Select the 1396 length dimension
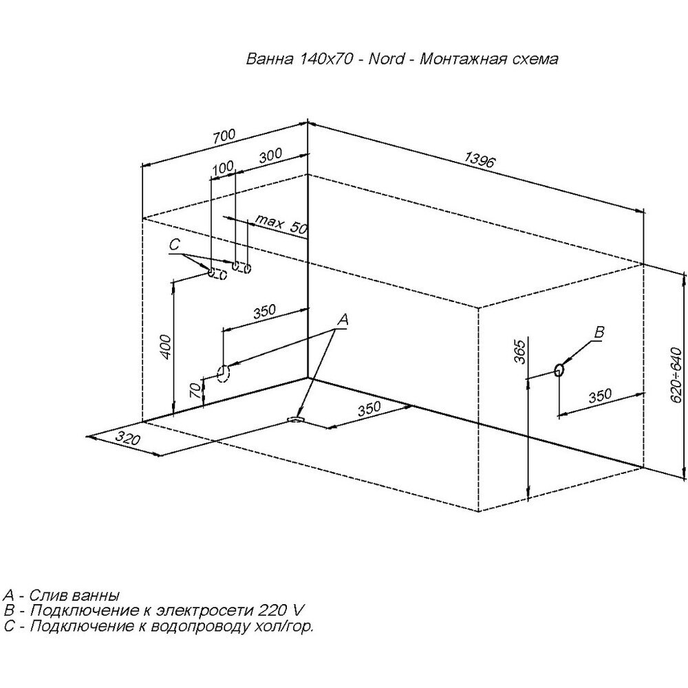click(479, 160)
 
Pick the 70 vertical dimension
click(195, 392)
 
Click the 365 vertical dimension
click(520, 351)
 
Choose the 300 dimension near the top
click(270, 156)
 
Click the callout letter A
click(343, 319)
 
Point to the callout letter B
click(599, 333)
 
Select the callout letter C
click(174, 244)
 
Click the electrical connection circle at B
click(559, 369)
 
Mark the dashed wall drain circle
click(223, 373)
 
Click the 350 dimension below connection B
click(601, 396)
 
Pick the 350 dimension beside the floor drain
click(369, 409)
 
